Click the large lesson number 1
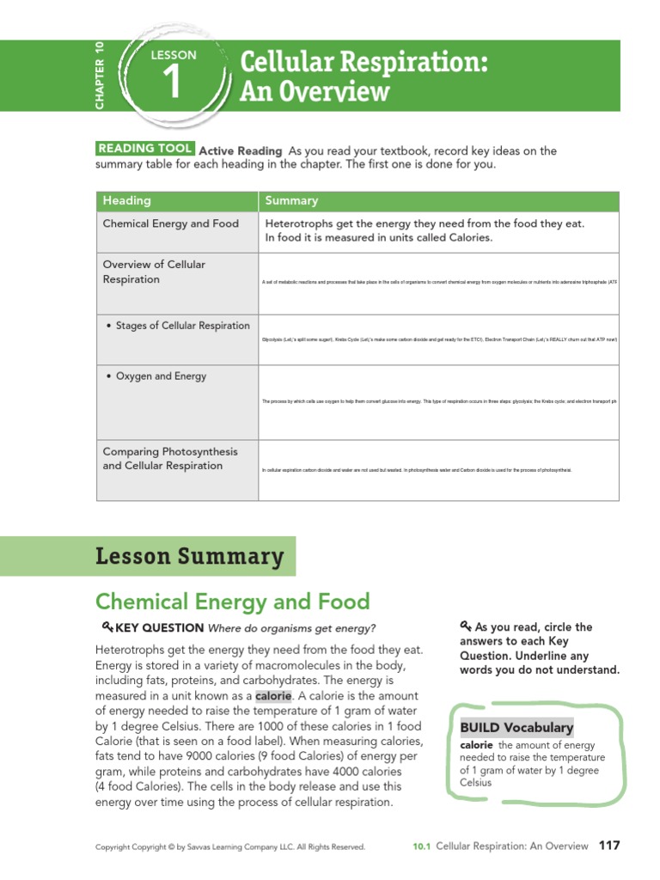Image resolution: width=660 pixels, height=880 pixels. (172, 85)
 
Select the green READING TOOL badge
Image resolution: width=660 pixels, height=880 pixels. (145, 150)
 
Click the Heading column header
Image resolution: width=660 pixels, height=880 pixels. (126, 200)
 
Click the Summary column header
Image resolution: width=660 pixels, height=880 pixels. (291, 200)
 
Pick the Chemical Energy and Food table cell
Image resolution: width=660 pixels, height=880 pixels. (170, 223)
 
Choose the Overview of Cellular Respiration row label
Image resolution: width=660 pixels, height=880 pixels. (154, 272)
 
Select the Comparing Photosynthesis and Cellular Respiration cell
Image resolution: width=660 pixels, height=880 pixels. (170, 458)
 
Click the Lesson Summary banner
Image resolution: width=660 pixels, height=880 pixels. (189, 556)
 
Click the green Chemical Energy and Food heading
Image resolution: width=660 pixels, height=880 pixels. (232, 602)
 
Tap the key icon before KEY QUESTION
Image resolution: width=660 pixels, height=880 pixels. (107, 627)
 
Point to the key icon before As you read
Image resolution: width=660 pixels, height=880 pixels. (465, 626)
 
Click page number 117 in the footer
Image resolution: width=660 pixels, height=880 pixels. (608, 846)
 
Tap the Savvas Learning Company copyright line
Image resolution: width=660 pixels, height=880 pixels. (229, 846)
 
